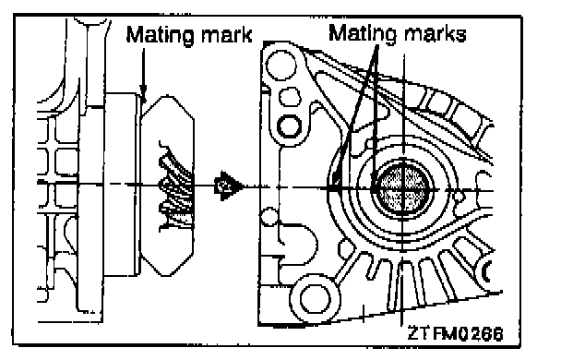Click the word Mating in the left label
161,36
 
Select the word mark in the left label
227,35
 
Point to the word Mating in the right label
363,34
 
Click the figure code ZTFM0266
456,333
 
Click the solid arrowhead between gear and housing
228,186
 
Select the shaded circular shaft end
403,189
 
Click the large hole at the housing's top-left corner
281,66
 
